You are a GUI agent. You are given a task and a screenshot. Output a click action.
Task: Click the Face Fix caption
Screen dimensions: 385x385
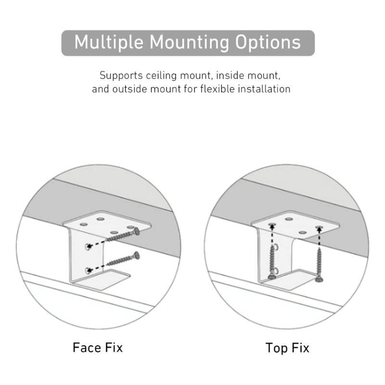(x=98, y=347)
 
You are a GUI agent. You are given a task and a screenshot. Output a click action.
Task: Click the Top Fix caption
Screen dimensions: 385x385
(x=287, y=347)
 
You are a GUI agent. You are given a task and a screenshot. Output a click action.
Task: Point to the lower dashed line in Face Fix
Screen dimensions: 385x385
(x=100, y=267)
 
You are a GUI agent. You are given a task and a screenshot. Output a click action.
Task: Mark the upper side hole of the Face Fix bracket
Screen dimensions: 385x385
(x=87, y=246)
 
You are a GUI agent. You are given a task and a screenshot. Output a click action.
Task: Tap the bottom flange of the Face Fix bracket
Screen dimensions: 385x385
(x=108, y=280)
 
